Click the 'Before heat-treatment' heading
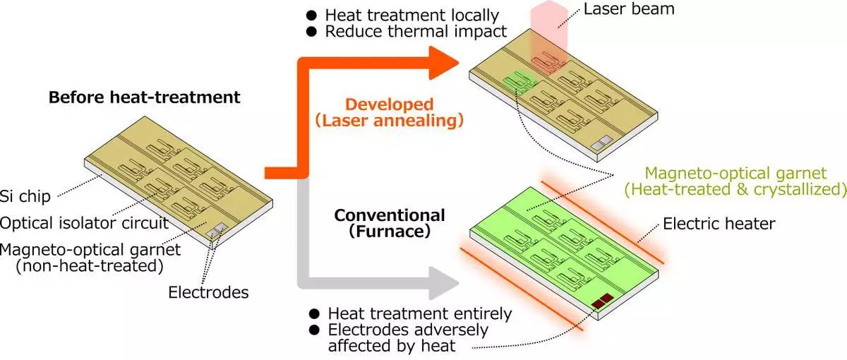pyautogui.click(x=145, y=97)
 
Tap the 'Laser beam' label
pyautogui.click(x=629, y=8)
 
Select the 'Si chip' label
pyautogui.click(x=25, y=196)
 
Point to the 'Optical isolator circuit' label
pyautogui.click(x=84, y=223)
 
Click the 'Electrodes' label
pyautogui.click(x=208, y=292)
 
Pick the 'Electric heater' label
pyautogui.click(x=719, y=224)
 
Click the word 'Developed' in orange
pyautogui.click(x=389, y=104)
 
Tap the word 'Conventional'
pyautogui.click(x=390, y=215)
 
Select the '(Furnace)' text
pyautogui.click(x=390, y=232)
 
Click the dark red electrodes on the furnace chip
pyautogui.click(x=602, y=301)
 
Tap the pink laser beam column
pyautogui.click(x=549, y=34)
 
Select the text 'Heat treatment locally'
pyautogui.click(x=412, y=16)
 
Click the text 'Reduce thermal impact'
pyautogui.click(x=416, y=31)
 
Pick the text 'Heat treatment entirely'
pyautogui.click(x=420, y=314)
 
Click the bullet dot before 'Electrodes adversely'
pyautogui.click(x=314, y=330)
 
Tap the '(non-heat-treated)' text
pyautogui.click(x=90, y=266)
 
